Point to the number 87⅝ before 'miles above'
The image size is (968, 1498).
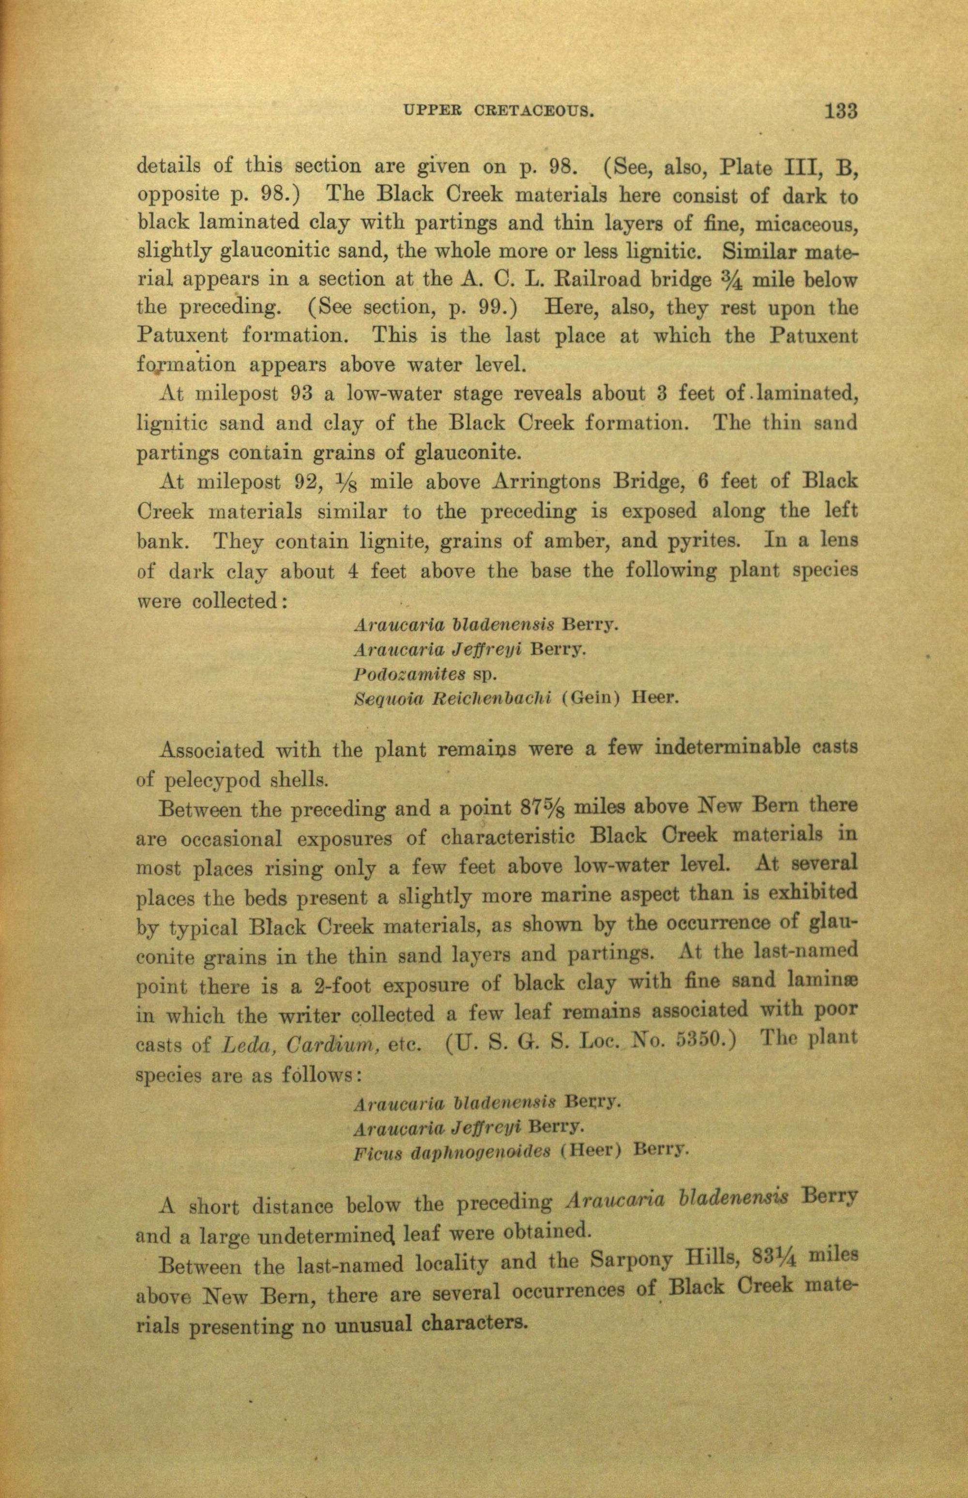(544, 806)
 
